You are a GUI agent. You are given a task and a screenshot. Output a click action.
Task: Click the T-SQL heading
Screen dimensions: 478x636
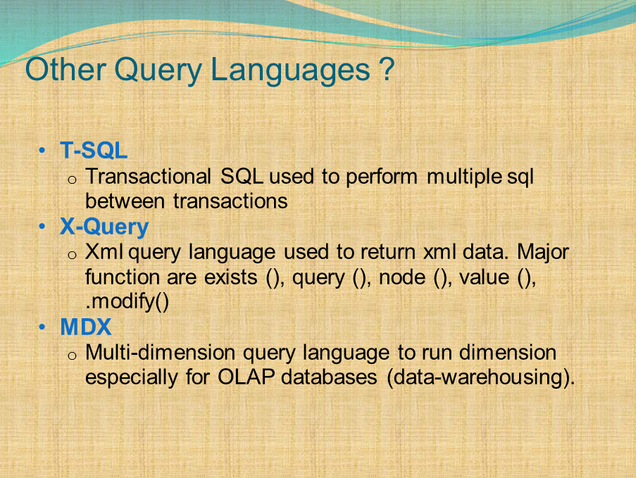(94, 151)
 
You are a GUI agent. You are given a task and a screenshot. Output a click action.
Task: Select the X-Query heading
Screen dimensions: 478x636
(104, 227)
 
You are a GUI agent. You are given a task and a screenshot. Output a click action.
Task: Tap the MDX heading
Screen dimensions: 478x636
(86, 327)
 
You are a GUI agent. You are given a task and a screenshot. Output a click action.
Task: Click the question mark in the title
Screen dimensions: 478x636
(386, 70)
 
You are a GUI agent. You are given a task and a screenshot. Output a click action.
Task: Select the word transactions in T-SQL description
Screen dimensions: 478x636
(230, 201)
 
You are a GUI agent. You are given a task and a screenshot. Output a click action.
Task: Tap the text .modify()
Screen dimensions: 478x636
(127, 303)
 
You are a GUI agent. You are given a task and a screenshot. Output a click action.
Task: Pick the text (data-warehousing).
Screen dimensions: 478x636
(480, 377)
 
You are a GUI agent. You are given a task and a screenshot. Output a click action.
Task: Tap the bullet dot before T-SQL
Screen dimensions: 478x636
(43, 151)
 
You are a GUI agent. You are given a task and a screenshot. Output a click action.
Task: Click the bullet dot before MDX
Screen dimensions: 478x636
(43, 328)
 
